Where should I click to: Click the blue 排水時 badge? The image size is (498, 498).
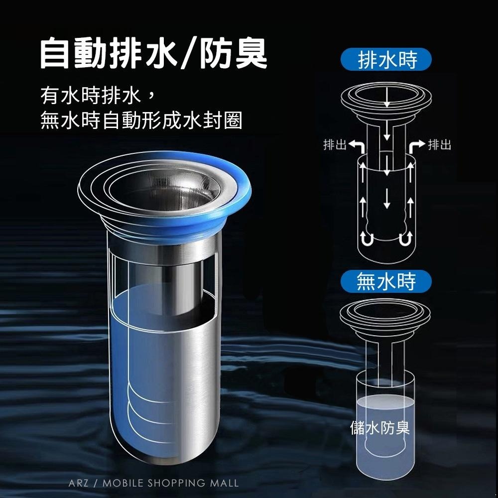click(x=386, y=59)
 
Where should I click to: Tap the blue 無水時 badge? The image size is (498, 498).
click(x=386, y=281)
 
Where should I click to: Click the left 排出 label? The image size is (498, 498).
click(x=335, y=145)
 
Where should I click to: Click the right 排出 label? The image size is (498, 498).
click(x=440, y=145)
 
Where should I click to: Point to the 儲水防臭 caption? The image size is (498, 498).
click(x=380, y=427)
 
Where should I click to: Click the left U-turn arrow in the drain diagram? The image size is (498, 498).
click(x=367, y=238)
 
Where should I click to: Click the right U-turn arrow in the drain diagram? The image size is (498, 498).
click(x=406, y=238)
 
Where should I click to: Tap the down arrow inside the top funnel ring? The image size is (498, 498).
click(x=386, y=97)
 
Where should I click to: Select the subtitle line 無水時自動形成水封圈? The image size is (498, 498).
click(x=141, y=121)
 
